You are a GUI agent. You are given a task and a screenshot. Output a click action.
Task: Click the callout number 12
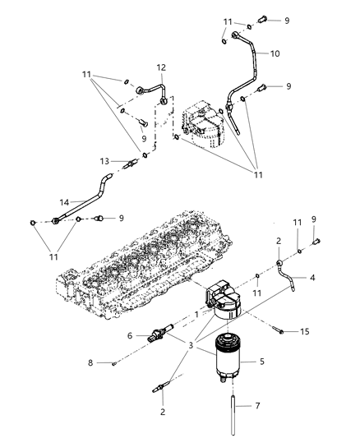161,67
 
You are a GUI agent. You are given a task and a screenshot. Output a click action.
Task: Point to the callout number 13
104,162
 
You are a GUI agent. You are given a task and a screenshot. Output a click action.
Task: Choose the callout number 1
196,314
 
